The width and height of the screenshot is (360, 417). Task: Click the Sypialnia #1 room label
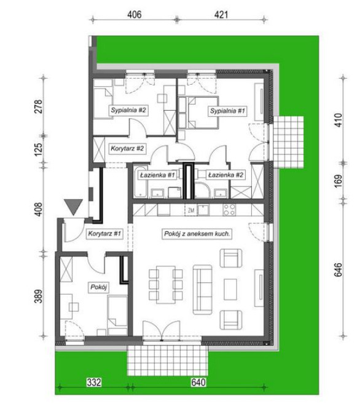click(x=227, y=111)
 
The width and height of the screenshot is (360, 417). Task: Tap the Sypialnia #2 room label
click(x=128, y=110)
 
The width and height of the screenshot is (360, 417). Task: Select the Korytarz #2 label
click(x=127, y=148)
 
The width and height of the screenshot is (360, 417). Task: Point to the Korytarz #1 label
click(x=104, y=234)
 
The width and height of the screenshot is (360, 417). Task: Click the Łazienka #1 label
click(x=157, y=175)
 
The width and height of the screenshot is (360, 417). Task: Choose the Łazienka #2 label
click(x=225, y=175)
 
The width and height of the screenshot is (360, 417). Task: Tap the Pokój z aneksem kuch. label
click(x=197, y=234)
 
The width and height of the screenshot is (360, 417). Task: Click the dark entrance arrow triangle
click(x=73, y=207)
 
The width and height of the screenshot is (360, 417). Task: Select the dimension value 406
click(x=134, y=14)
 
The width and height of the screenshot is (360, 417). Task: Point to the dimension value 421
click(x=221, y=14)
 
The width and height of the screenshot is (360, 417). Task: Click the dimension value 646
click(x=338, y=269)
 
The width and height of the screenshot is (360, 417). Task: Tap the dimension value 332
click(x=94, y=382)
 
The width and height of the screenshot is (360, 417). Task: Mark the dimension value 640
click(x=198, y=382)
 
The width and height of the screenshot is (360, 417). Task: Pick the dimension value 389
click(x=39, y=296)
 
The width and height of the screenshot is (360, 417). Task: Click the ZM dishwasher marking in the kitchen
click(x=191, y=210)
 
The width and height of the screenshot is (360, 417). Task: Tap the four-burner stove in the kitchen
click(x=229, y=210)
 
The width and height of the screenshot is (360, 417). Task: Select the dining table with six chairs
click(x=165, y=285)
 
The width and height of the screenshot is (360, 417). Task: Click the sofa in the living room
click(x=203, y=290)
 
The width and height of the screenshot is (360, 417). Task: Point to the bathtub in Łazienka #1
click(x=140, y=182)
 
